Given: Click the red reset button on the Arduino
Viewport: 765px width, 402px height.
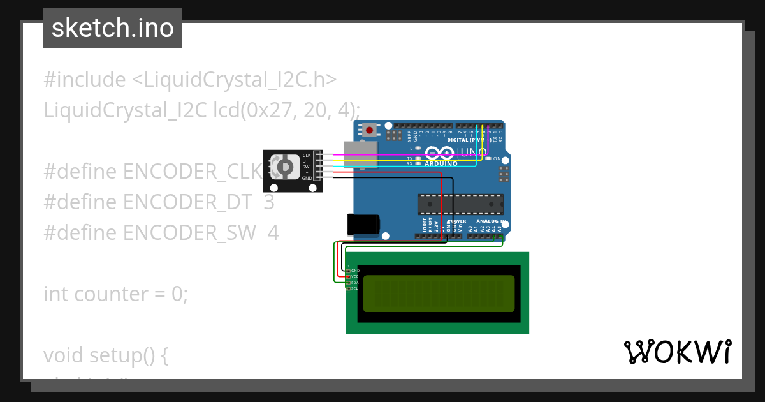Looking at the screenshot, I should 369,131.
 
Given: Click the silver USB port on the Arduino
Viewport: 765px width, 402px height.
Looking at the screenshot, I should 360,155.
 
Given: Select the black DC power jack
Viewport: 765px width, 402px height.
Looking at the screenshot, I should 363,224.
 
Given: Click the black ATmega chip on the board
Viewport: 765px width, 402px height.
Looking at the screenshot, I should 460,204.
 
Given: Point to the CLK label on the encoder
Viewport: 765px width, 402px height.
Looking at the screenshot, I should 307,155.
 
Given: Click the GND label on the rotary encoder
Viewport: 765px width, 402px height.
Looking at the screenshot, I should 307,178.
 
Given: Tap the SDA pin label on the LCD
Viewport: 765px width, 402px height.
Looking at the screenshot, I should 354,283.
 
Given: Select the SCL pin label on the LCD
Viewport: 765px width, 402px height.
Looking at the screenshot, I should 354,288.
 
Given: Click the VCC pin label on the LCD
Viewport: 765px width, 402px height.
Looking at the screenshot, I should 354,276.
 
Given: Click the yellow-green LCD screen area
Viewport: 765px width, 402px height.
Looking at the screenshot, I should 439,294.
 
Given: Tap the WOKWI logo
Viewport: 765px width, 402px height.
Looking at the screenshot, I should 677,352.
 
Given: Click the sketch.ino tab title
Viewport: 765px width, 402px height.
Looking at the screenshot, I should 113,28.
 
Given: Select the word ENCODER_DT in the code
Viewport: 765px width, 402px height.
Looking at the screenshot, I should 187,202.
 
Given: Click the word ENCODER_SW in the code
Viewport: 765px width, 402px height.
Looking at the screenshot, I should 189,232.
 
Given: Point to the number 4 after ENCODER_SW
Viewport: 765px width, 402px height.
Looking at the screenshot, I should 273,232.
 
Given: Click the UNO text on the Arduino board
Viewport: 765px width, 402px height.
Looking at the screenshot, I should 474,153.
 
